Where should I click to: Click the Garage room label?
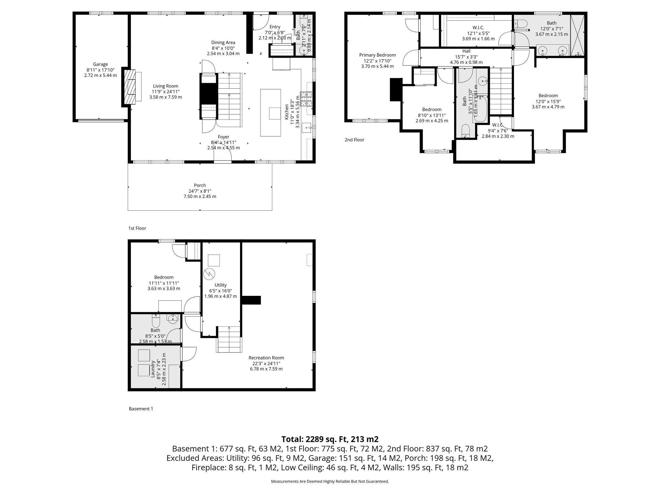coord(100,64)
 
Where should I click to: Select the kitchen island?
coord(270,113)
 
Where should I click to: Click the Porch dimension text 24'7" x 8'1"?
coord(200,191)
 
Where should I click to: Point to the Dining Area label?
coord(223,43)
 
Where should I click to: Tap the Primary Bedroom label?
coord(377,55)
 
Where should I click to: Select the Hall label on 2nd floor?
coord(466,51)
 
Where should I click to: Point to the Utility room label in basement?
coord(220,285)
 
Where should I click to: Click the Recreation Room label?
coord(266,358)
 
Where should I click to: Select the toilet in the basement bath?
coord(155,321)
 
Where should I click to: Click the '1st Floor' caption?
coord(137,228)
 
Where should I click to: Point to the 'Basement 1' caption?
coord(141,409)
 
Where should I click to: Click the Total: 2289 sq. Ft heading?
coord(330,439)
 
